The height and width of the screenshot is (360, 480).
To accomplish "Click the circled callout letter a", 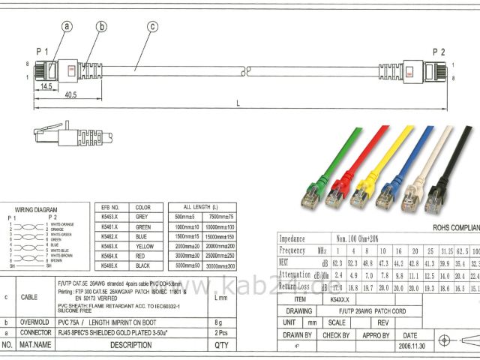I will pos(67,27).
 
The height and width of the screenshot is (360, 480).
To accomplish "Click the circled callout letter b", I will pos(100,27).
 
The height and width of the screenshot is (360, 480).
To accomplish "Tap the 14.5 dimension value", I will pos(47,87).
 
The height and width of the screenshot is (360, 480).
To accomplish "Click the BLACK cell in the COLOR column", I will pos(142,265).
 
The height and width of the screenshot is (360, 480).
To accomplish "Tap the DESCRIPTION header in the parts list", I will pos(130,345).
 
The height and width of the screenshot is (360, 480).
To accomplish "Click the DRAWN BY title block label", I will pos(298,335).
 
